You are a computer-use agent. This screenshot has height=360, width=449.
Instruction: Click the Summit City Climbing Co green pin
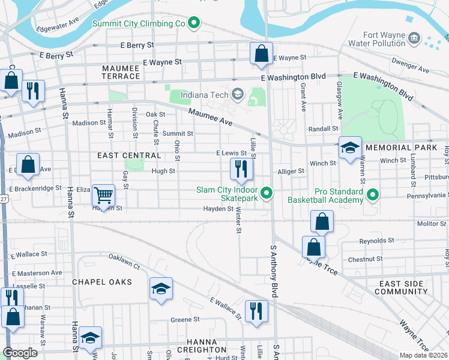[x=193, y=24]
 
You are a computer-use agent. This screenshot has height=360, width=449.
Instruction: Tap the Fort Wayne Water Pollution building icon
[x=414, y=40]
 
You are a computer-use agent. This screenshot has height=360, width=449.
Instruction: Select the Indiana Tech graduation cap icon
[x=238, y=94]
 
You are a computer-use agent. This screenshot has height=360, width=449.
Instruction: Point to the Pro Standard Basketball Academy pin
[x=373, y=194]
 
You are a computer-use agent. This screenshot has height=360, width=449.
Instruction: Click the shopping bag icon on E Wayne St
[x=261, y=53]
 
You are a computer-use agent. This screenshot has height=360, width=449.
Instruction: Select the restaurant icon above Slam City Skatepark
[x=241, y=169]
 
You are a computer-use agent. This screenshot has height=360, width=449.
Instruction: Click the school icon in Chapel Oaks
[x=161, y=289]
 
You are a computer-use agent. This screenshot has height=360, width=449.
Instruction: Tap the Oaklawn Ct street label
[x=124, y=262]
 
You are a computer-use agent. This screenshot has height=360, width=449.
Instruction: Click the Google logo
[x=20, y=353]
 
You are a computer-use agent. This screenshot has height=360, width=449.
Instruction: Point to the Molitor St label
[x=432, y=223]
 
